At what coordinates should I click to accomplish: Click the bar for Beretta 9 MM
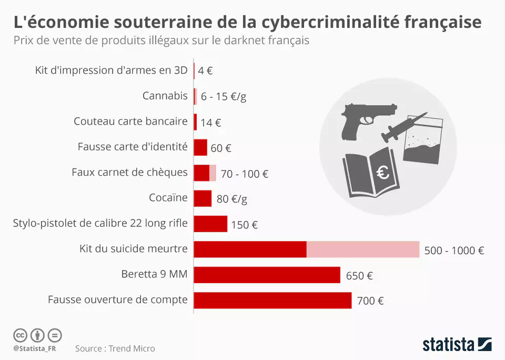[x=267, y=275]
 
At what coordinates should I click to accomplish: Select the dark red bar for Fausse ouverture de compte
[x=272, y=301]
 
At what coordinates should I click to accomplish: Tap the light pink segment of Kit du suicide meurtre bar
[x=363, y=249]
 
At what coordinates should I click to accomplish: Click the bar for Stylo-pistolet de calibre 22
[x=210, y=224]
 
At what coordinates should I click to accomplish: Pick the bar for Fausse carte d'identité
[x=200, y=147]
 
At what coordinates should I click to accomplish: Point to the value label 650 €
[x=359, y=276]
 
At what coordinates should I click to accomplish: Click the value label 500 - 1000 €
[x=453, y=251]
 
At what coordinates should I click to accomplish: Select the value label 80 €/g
[x=232, y=199]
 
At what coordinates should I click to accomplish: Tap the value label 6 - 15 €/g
[x=224, y=97]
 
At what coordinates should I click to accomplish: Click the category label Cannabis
[x=165, y=96]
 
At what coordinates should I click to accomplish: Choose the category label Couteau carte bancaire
[x=130, y=122]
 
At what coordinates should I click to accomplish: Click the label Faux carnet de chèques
[x=129, y=172]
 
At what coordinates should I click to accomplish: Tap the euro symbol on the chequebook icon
[x=383, y=172]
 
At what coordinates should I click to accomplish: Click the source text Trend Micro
[x=132, y=348]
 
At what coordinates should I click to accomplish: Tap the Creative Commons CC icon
[x=20, y=335]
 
